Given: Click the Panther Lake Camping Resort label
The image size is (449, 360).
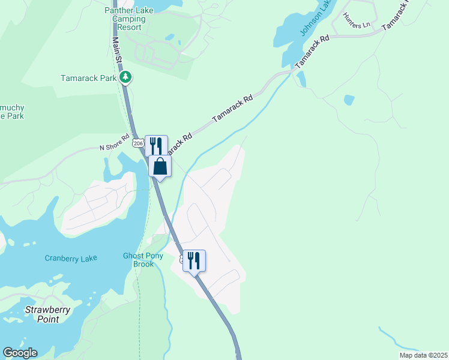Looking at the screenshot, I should click(128, 19).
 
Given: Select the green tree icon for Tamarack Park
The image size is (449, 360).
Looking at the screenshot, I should click(125, 77).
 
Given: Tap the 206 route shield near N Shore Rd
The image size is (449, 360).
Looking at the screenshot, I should click(139, 143).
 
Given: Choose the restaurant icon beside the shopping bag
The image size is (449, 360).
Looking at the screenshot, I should click(155, 145).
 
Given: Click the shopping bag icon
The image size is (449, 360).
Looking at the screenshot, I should click(160, 166).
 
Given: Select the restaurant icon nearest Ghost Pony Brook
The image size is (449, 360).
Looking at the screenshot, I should click(194, 260).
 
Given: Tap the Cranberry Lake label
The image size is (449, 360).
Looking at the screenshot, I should click(71, 258).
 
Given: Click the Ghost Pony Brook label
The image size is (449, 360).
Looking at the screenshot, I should click(143, 260).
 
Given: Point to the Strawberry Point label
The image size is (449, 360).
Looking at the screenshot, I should click(47, 314).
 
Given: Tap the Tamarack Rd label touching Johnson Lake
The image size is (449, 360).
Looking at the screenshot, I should click(313, 51).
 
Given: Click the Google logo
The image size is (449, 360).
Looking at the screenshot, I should click(20, 353).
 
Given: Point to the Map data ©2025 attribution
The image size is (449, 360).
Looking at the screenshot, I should click(423, 355).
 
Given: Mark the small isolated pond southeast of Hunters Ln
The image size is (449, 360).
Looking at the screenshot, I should click(349, 100).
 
